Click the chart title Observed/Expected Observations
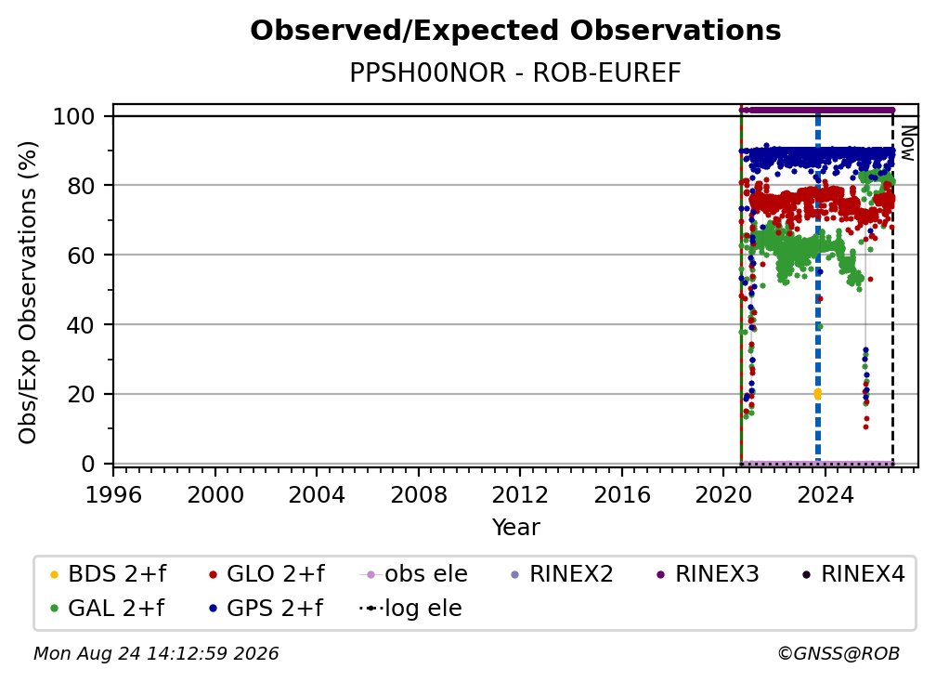click(x=515, y=31)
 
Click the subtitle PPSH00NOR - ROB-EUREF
click(x=515, y=72)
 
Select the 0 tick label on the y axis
click(x=88, y=464)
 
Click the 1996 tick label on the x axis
click(x=113, y=495)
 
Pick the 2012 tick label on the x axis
click(x=520, y=495)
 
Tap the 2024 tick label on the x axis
click(x=825, y=495)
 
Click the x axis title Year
click(x=515, y=528)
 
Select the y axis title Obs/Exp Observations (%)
click(x=28, y=293)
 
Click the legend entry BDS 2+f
click(x=109, y=574)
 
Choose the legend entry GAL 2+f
click(x=108, y=609)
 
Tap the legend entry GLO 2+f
click(x=266, y=574)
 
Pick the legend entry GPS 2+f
click(x=266, y=609)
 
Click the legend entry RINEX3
click(x=708, y=574)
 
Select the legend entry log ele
click(x=410, y=609)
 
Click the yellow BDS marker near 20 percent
click(x=818, y=394)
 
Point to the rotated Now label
click(x=907, y=143)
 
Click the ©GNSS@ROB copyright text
click(x=838, y=654)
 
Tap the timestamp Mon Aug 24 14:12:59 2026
click(x=156, y=654)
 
